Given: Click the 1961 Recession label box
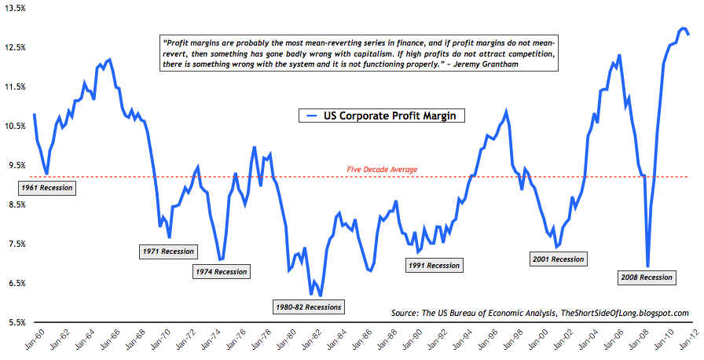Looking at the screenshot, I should click(x=46, y=188).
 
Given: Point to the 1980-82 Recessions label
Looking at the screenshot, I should click(x=309, y=306).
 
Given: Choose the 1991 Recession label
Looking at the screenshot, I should click(x=433, y=266).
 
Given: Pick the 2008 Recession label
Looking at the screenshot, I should click(x=646, y=277).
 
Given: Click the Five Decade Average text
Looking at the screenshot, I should click(x=382, y=169).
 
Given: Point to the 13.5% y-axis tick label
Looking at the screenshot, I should click(x=15, y=8).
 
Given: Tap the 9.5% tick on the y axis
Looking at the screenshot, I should click(x=16, y=165).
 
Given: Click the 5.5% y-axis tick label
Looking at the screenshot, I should click(x=16, y=322).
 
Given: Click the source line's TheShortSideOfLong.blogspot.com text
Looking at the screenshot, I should click(x=625, y=313).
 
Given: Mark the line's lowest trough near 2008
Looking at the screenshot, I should click(x=648, y=266).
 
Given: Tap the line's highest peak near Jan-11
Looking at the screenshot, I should click(x=680, y=28).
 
